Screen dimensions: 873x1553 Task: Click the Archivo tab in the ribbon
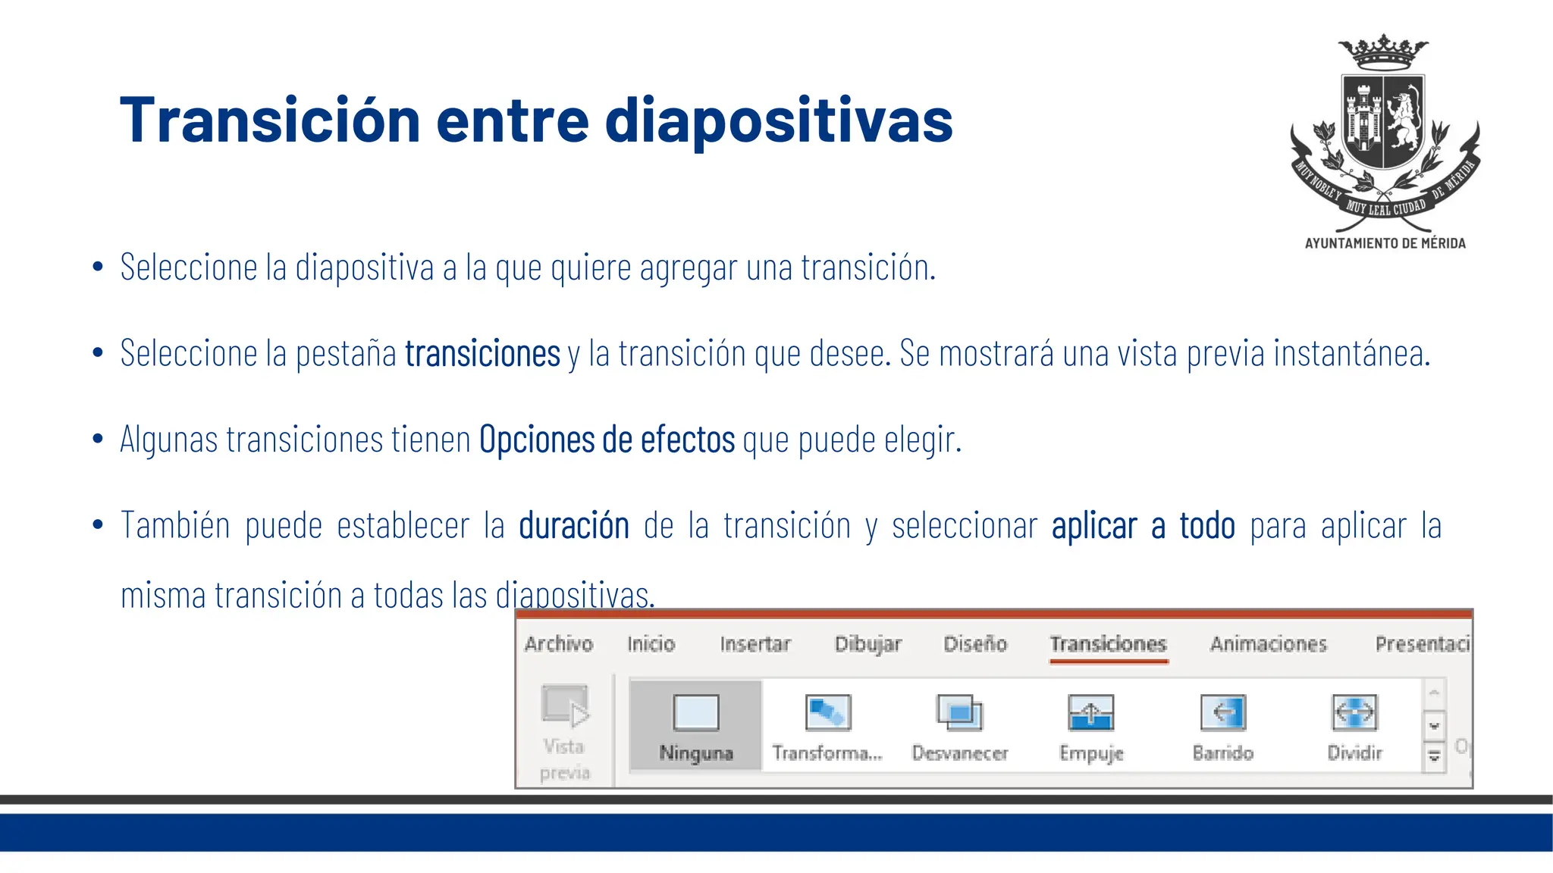tap(558, 644)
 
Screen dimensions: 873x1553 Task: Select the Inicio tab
tap(651, 644)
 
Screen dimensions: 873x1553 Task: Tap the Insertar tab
tap(755, 644)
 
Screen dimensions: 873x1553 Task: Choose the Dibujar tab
tap(867, 644)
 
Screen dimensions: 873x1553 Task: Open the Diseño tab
tap(974, 644)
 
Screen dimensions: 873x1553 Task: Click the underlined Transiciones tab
tap(1108, 644)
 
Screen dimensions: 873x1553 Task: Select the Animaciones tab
tap(1268, 644)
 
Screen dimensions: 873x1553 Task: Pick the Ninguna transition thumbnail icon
tap(695, 712)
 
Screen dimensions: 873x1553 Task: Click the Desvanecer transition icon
tap(959, 712)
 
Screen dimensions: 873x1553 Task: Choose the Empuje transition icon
tap(1090, 712)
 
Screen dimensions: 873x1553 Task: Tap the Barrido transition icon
tap(1222, 712)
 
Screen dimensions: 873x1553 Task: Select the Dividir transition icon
tap(1354, 712)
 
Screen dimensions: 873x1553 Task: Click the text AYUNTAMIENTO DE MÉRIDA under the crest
tap(1385, 243)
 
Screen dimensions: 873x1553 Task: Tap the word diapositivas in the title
tap(778, 121)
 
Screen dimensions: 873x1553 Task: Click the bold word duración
tap(574, 526)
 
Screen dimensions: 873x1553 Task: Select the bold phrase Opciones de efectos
tap(607, 440)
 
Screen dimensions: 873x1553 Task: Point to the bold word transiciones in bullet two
tap(482, 354)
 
